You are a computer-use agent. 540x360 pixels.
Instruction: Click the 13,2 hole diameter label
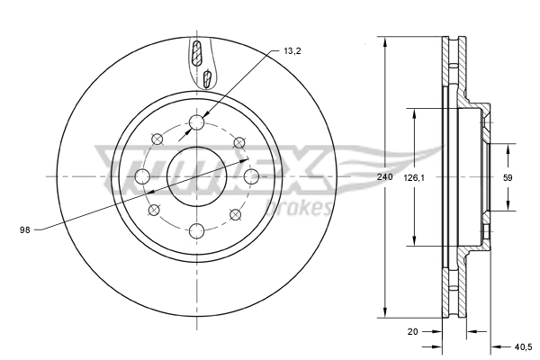click(291, 52)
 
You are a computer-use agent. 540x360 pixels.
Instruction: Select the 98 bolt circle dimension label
click(25, 230)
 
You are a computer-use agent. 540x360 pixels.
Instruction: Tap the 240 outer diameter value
click(385, 178)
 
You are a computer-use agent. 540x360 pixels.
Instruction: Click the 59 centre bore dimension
click(507, 178)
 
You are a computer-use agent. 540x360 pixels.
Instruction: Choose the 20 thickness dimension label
click(413, 332)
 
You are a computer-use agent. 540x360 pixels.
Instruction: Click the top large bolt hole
click(197, 123)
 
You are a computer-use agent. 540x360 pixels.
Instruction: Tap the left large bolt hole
click(142, 175)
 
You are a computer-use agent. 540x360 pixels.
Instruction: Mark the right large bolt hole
click(252, 175)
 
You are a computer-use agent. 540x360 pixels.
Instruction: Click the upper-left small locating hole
click(157, 138)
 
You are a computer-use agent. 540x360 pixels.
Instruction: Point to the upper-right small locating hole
click(238, 141)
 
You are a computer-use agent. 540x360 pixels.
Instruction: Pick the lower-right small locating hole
click(236, 214)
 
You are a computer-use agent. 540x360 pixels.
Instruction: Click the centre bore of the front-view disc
click(197, 176)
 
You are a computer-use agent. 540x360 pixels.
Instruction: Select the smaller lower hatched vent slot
click(207, 79)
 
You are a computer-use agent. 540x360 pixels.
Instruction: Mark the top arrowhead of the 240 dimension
click(385, 41)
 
